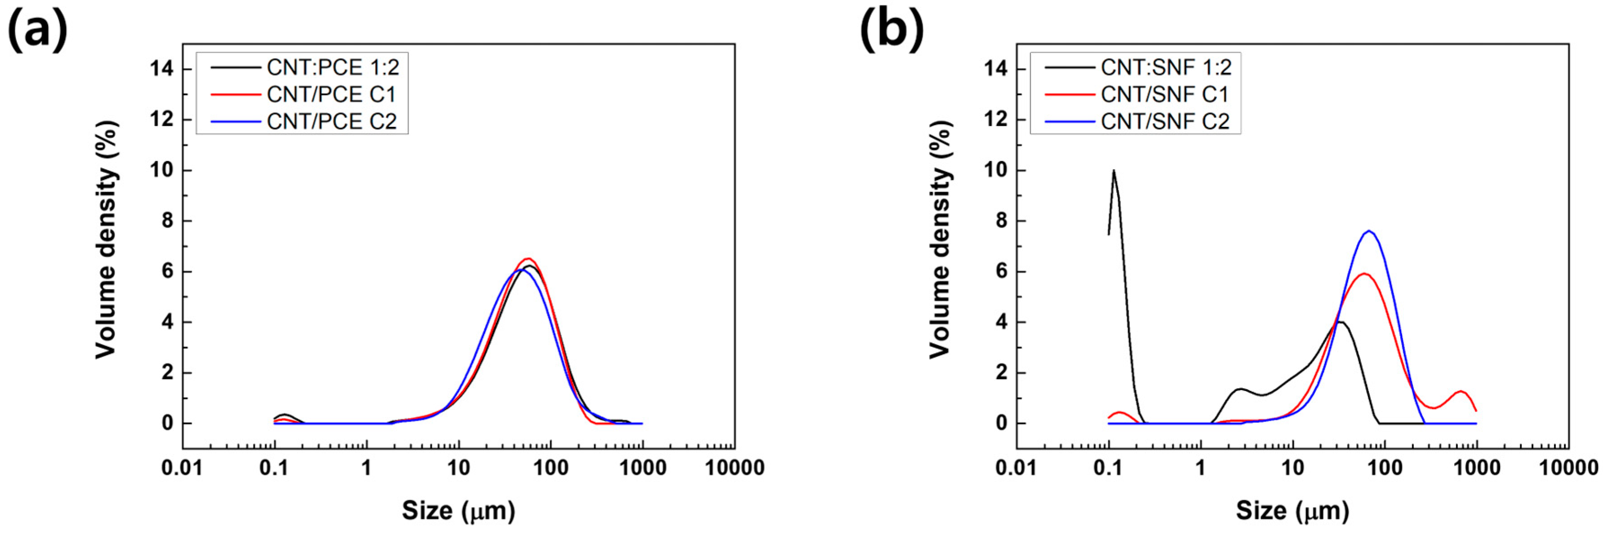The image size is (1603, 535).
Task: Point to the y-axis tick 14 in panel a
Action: coord(162,68)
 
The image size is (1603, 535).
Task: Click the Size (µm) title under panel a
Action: coord(459,511)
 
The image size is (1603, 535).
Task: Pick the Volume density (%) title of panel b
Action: coord(941,240)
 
